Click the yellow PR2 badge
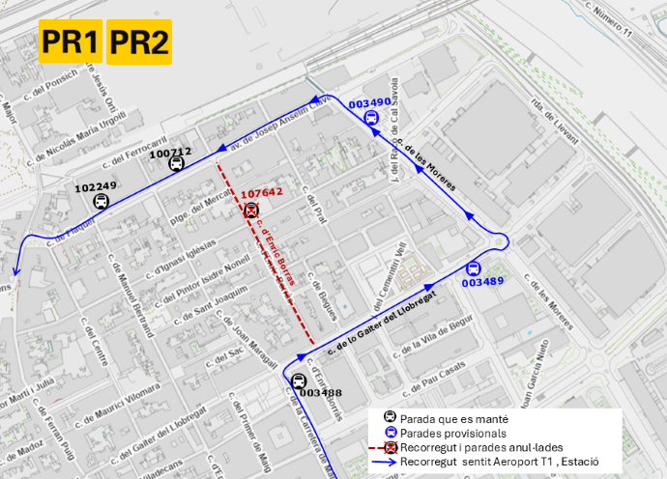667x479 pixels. [x=139, y=42]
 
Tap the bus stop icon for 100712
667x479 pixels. [x=176, y=164]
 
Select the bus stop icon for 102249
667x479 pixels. [x=101, y=202]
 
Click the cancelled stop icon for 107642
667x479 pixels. [x=251, y=210]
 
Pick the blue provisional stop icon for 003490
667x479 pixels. [x=370, y=119]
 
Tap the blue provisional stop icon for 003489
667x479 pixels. [x=473, y=268]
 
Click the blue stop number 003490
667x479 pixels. [x=369, y=103]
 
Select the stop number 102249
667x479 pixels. [x=95, y=186]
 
